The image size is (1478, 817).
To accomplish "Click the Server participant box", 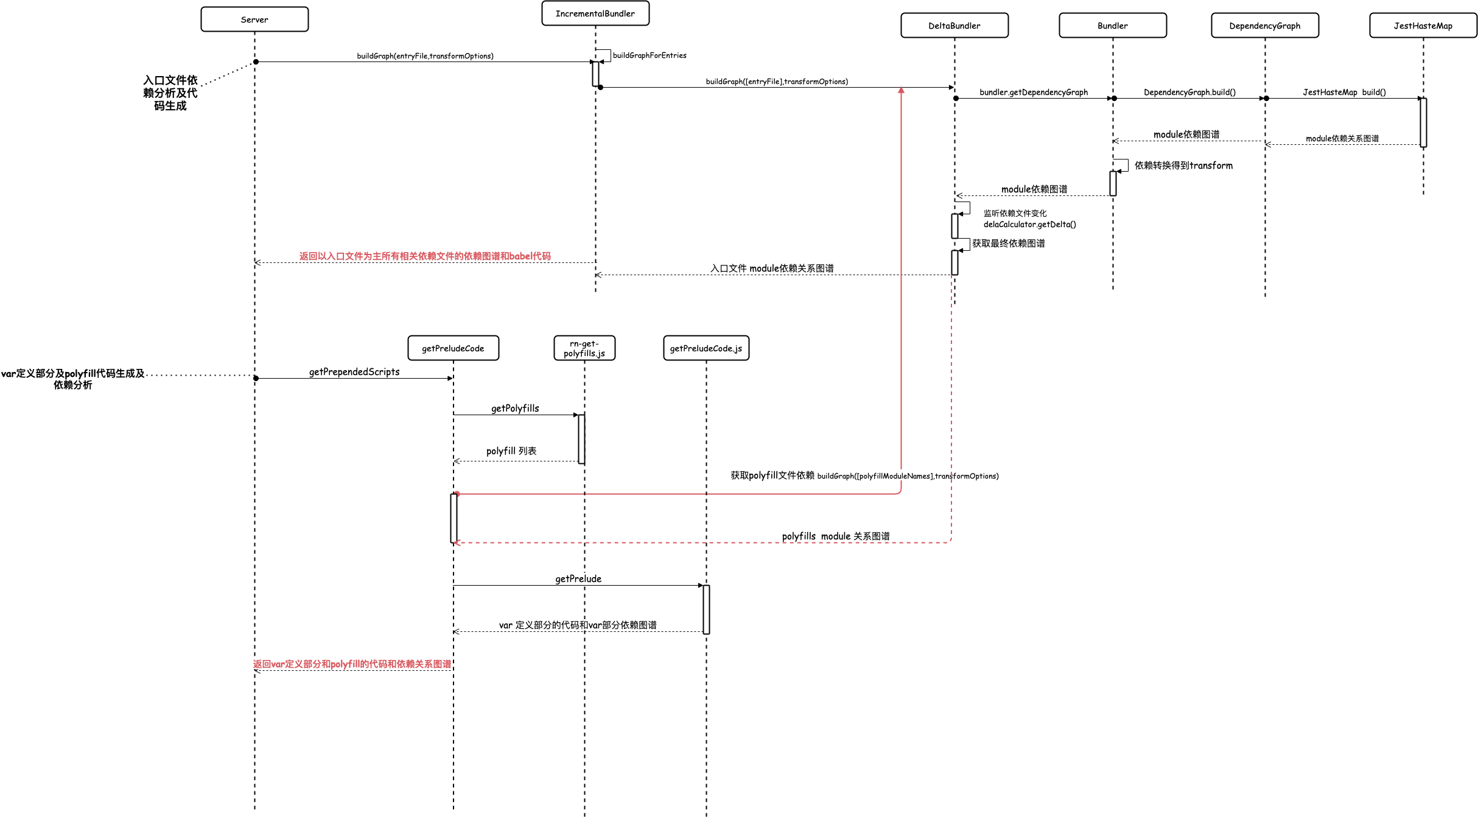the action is pyautogui.click(x=254, y=19).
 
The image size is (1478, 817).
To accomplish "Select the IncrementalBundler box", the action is pyautogui.click(x=595, y=13).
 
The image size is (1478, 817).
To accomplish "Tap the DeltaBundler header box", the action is pyautogui.click(x=954, y=26).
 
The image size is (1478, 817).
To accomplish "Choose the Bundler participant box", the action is pyautogui.click(x=1113, y=26).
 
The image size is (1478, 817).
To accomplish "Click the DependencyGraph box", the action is pyautogui.click(x=1265, y=26).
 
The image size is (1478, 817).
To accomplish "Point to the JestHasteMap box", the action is pyautogui.click(x=1423, y=26).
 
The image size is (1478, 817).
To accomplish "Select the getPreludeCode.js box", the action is pyautogui.click(x=706, y=348).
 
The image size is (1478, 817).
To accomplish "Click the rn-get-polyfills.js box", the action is pyautogui.click(x=584, y=348).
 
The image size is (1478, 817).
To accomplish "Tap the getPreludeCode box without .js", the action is pyautogui.click(x=454, y=348).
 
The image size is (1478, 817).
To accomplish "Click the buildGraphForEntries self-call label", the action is pyautogui.click(x=650, y=55).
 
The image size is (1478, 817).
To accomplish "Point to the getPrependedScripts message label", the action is pyautogui.click(x=354, y=372).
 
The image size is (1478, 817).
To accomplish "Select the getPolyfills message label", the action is pyautogui.click(x=515, y=408).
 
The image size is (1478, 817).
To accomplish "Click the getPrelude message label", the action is pyautogui.click(x=578, y=579).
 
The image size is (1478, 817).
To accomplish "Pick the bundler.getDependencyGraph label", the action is pyautogui.click(x=1034, y=93).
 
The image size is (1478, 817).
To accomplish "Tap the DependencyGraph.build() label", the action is pyautogui.click(x=1189, y=93).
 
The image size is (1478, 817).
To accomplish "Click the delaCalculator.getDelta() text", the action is pyautogui.click(x=1030, y=225).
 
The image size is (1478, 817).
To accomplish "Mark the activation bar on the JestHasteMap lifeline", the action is pyautogui.click(x=1423, y=122).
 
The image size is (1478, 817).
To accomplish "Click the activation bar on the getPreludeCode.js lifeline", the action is pyautogui.click(x=706, y=609).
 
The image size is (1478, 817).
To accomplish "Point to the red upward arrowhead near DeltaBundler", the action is pyautogui.click(x=901, y=90).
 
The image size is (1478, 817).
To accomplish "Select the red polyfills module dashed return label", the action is pyautogui.click(x=836, y=536).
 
